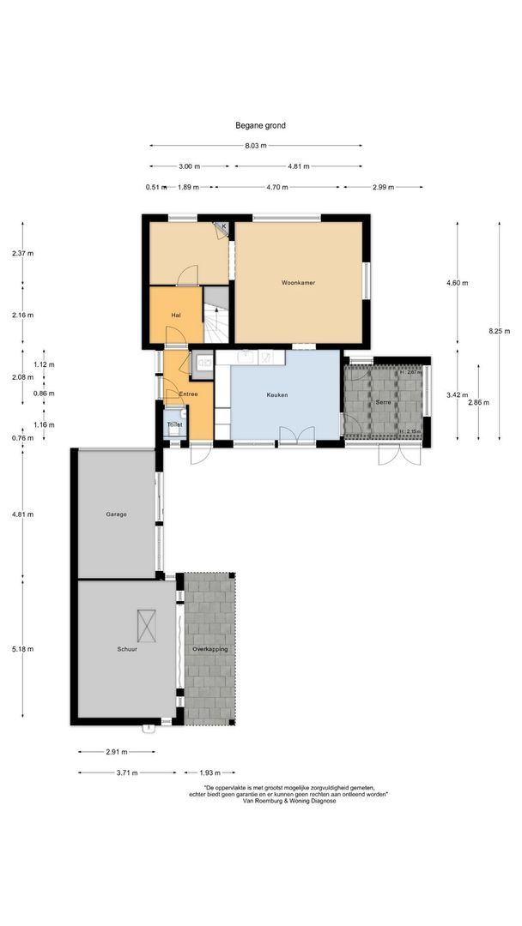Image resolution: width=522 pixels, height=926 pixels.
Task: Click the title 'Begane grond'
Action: (260, 125)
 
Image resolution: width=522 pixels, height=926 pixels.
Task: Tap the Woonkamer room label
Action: (297, 282)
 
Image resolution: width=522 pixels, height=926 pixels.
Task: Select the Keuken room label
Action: (276, 395)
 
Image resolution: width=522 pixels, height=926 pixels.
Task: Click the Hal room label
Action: (175, 316)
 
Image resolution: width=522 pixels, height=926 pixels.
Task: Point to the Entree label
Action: (188, 394)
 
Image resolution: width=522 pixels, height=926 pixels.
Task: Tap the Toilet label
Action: (174, 424)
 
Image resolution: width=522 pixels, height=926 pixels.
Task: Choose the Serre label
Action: (384, 402)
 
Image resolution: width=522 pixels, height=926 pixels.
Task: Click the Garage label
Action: (117, 514)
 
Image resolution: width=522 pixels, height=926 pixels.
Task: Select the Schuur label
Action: (128, 650)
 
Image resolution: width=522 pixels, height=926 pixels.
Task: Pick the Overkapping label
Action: (209, 650)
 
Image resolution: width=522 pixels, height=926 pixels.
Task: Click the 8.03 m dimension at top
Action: (253, 146)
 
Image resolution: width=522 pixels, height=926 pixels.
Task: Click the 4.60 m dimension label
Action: (456, 283)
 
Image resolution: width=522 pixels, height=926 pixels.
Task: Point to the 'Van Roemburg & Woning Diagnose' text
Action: (289, 801)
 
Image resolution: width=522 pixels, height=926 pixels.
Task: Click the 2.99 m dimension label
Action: (383, 187)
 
